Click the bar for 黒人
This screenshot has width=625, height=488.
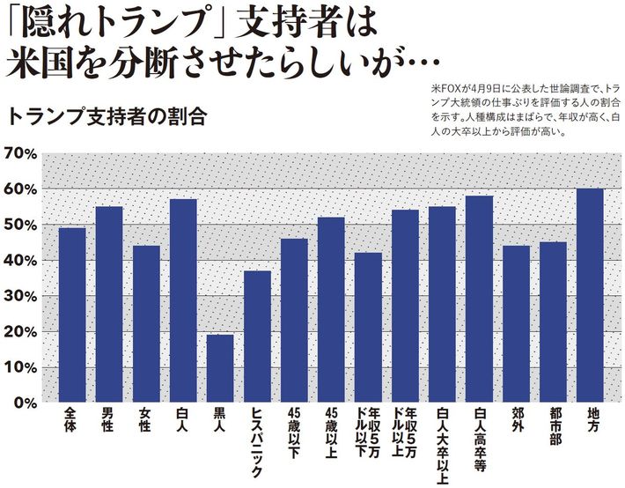[x=220, y=368]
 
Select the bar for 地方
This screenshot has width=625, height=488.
[x=590, y=295]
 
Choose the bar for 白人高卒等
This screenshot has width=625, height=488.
[x=479, y=299]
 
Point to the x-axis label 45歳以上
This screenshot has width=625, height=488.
[x=331, y=431]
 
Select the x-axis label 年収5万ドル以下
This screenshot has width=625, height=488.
[x=368, y=431]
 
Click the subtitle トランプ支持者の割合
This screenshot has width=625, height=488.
[x=105, y=117]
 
